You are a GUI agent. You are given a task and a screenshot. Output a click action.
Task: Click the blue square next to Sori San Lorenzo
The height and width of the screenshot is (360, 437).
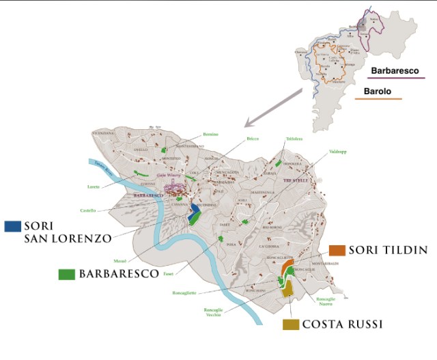coord(12,225)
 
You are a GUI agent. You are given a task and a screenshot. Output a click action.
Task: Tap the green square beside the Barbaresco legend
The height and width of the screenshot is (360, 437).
coord(67,274)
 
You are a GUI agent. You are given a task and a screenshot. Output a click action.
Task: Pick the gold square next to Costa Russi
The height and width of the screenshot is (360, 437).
coord(291,324)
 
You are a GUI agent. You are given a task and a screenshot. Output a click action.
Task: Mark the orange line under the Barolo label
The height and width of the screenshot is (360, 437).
coord(378,100)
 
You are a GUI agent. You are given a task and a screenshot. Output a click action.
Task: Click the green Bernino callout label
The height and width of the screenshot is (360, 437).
coord(210,134)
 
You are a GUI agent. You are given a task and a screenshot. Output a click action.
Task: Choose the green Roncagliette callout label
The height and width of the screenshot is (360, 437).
coord(184,292)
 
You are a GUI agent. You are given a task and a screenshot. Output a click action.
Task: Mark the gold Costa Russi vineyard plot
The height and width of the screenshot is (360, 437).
coord(289,290)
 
